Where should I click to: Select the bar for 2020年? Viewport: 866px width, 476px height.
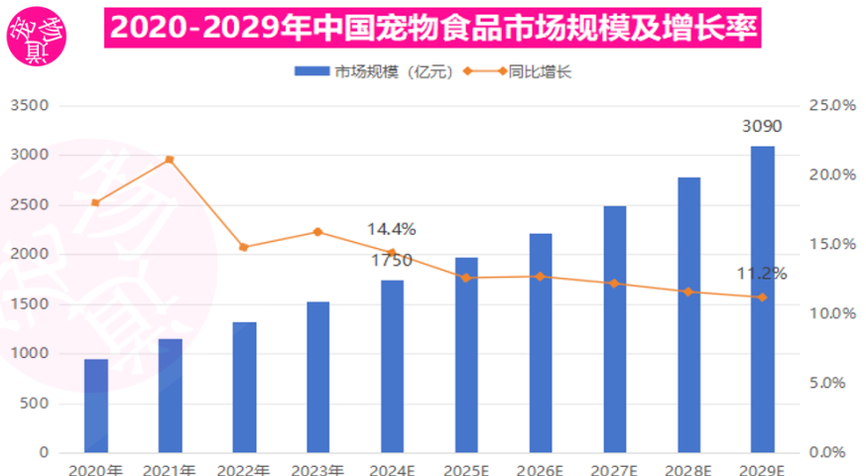click(x=96, y=406)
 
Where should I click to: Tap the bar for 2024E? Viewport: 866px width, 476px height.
click(x=393, y=366)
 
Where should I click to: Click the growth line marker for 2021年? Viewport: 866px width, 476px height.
click(x=170, y=159)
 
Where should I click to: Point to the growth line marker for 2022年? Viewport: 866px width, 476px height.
click(x=244, y=247)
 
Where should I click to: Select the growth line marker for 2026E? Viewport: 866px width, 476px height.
click(x=540, y=277)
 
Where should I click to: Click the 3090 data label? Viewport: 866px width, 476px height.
click(x=762, y=127)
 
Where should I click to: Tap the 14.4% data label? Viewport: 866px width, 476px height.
click(x=391, y=229)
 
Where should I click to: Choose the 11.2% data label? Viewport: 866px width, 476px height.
click(x=761, y=274)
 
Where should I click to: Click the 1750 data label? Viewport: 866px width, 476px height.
click(x=392, y=261)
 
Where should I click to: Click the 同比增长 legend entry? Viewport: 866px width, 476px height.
click(x=526, y=71)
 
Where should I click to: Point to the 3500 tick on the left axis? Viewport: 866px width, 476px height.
click(x=29, y=105)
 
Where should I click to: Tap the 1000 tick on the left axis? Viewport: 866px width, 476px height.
click(x=29, y=354)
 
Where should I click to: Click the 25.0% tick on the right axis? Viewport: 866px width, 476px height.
click(x=833, y=105)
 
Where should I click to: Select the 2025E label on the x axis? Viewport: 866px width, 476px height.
click(x=466, y=469)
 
